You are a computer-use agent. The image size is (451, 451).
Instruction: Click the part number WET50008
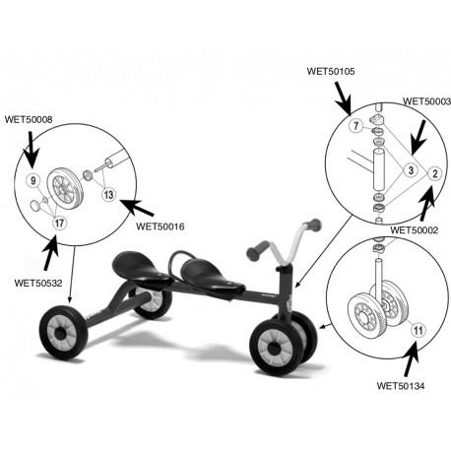[29, 119]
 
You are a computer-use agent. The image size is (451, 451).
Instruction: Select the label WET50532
[38, 283]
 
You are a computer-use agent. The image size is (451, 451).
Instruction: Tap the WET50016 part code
[161, 226]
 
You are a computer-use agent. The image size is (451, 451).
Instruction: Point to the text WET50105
[331, 71]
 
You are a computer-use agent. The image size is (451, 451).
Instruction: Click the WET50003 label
[427, 101]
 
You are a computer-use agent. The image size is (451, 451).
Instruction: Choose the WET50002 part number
[415, 230]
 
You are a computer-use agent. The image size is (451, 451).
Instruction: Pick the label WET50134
[401, 385]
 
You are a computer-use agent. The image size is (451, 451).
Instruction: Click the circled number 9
[33, 180]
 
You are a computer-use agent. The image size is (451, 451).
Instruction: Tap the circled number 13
[108, 194]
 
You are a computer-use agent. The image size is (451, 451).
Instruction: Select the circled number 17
[59, 224]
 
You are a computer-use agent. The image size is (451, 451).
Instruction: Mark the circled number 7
[356, 125]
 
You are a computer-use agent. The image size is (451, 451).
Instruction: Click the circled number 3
[411, 170]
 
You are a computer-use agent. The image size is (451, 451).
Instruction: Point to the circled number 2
[435, 173]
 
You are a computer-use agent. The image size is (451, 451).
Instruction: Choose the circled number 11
[418, 330]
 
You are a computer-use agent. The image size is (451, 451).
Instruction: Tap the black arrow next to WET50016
[137, 208]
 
